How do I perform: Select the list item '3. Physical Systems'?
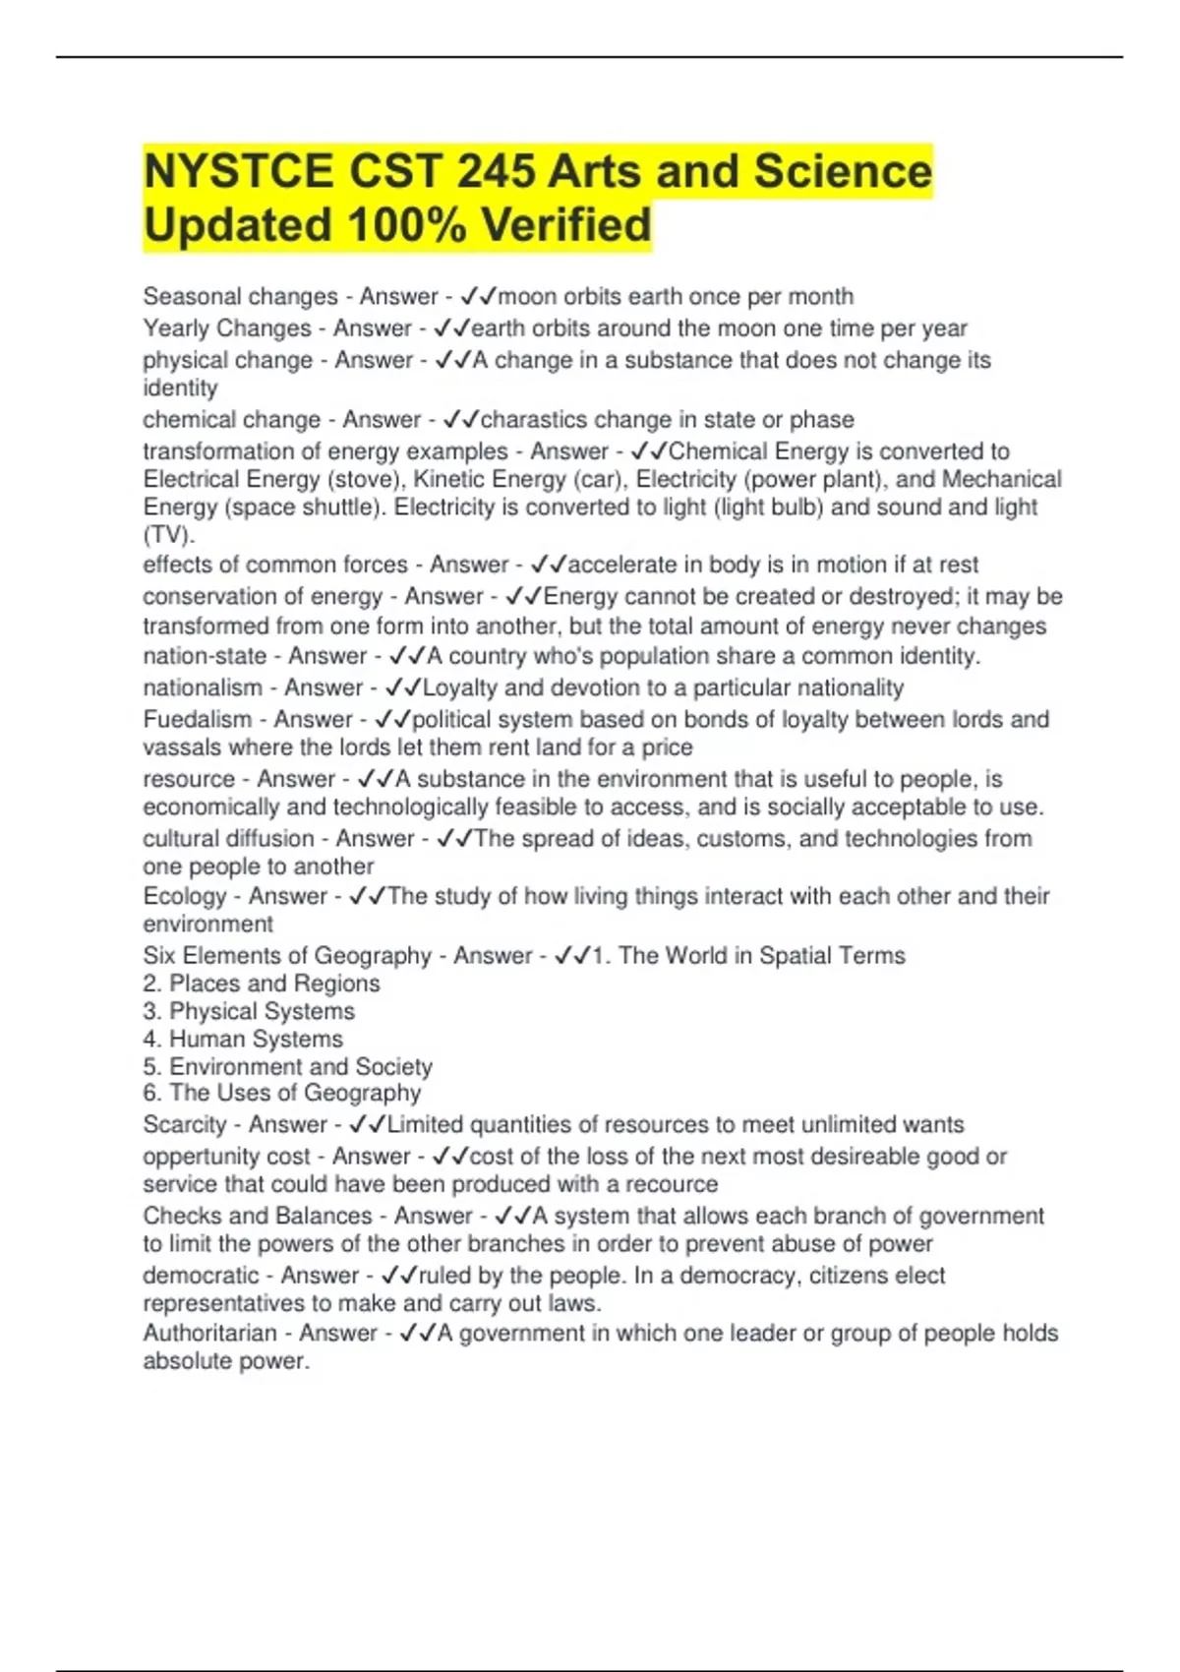click(x=249, y=1011)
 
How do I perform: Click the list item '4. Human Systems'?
click(x=243, y=1039)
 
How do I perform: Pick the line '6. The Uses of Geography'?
click(x=282, y=1093)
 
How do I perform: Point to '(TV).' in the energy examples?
click(x=169, y=535)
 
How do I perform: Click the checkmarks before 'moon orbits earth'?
click(x=479, y=296)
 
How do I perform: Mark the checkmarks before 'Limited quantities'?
click(x=368, y=1124)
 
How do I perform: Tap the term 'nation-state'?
click(x=205, y=656)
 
